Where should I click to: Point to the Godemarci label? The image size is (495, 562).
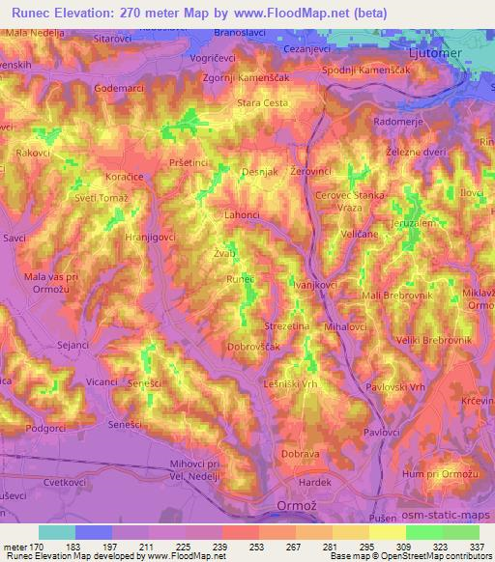(120, 88)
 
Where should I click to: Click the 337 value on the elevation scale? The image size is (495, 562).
(478, 546)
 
